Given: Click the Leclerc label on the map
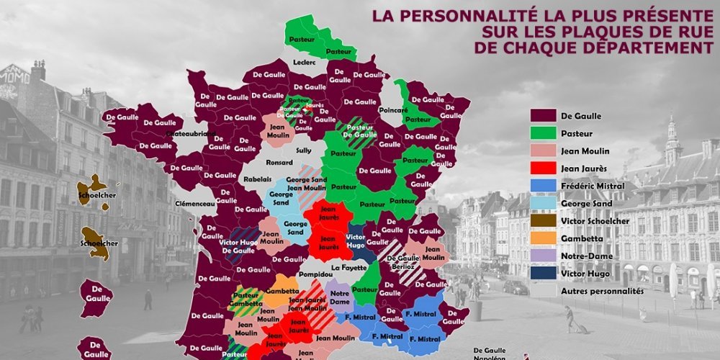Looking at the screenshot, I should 305,63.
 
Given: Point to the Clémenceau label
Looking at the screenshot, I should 194,204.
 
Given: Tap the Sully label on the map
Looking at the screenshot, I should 304,150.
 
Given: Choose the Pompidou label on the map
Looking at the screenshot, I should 317,274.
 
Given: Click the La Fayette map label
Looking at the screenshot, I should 348,268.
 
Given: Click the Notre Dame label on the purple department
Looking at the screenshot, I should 340,297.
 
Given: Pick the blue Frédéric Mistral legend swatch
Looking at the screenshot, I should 545,186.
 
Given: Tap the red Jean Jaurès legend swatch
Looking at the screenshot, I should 545,168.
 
